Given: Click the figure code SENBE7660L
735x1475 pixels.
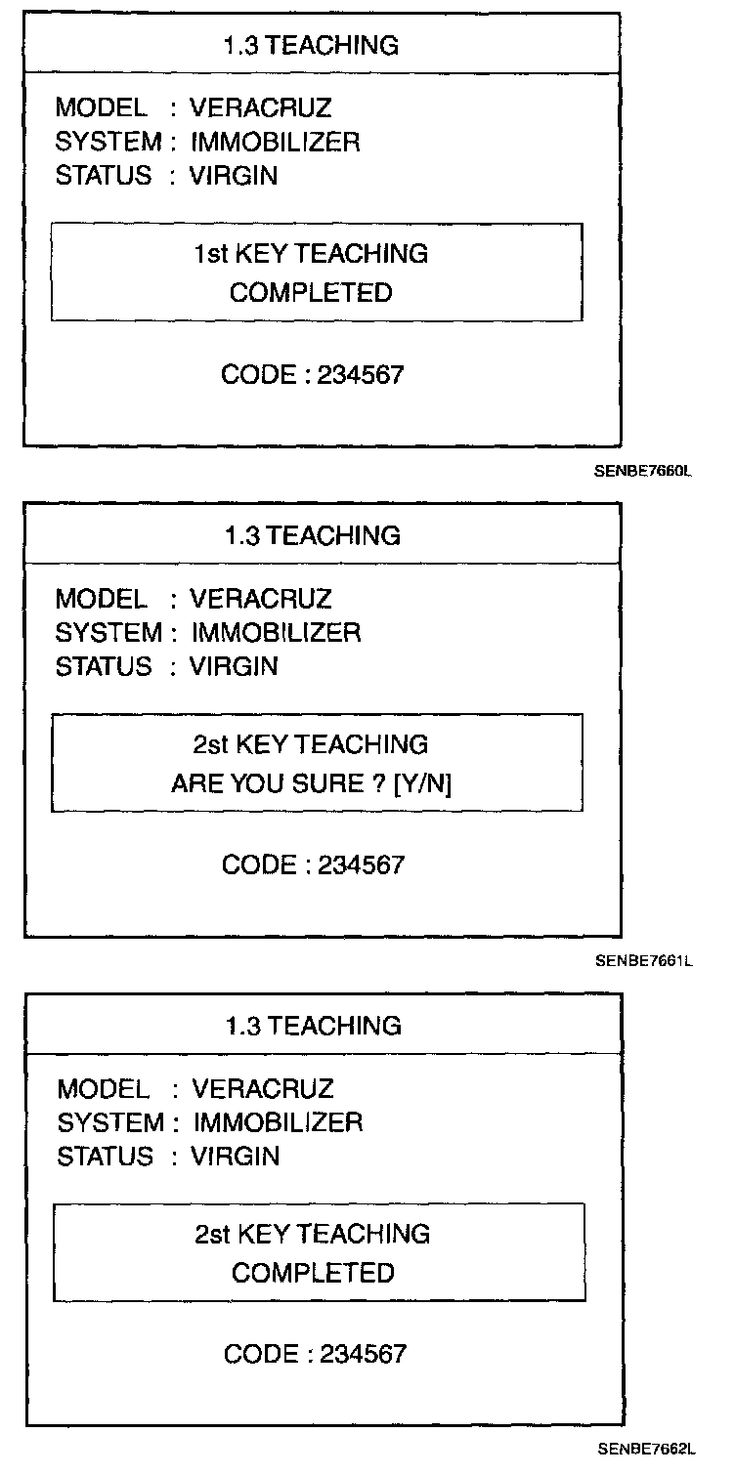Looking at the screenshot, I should click(643, 470).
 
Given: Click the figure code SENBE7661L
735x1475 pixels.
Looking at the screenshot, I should click(644, 961).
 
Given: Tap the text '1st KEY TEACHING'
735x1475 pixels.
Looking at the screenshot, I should click(311, 254).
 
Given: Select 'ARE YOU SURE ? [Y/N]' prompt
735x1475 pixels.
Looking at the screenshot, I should click(311, 783).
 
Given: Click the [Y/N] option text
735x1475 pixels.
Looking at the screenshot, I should click(421, 783).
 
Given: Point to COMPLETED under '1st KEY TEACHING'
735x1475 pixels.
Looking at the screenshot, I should click(311, 293).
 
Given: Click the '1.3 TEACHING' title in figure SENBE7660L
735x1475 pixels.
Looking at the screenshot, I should click(311, 45).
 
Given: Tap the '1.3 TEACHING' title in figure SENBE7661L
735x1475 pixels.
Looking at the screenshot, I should click(311, 535).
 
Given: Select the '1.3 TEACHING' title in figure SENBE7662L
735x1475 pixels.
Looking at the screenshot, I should click(313, 1026).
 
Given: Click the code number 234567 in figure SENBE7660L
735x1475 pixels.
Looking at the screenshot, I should click(360, 375).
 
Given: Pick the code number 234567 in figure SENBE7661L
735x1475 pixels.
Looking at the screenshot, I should click(360, 865).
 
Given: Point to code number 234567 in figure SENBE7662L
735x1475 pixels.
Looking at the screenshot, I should click(362, 1355).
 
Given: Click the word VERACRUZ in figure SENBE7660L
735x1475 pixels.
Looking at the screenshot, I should click(260, 108).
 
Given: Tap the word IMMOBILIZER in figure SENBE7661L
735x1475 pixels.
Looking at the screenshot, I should click(276, 633).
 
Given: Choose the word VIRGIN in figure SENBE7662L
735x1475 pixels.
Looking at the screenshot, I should click(236, 1157).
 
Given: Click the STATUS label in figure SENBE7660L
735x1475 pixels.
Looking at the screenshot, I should click(104, 176).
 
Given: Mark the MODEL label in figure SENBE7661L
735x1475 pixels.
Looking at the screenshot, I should click(101, 599).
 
